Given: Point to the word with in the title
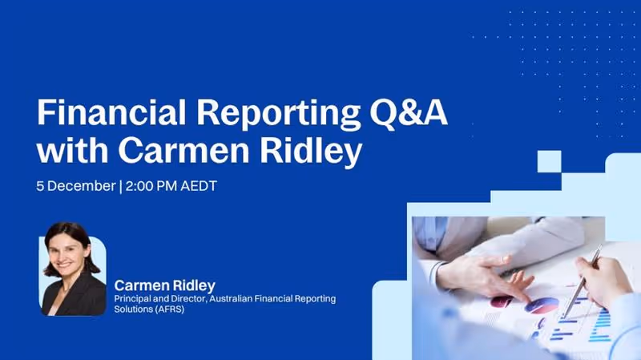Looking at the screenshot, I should (x=69, y=151).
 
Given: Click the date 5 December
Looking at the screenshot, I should (x=75, y=186).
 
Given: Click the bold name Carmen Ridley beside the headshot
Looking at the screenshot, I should (x=165, y=285).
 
